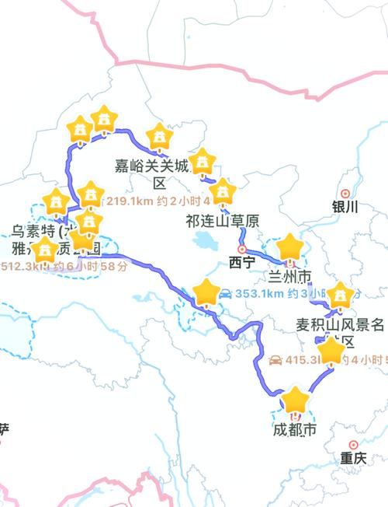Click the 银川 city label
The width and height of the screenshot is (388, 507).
point(344,207)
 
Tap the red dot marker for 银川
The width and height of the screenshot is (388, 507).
point(345,193)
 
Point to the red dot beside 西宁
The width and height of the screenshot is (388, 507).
point(241,249)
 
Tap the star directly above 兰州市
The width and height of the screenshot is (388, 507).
point(290,248)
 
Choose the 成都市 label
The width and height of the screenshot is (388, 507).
point(294,430)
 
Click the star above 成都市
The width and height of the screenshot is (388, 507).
point(296,401)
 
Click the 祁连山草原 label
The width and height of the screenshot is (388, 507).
point(220,221)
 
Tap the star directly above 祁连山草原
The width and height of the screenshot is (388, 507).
point(223,190)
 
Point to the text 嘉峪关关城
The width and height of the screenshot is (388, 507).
point(152,166)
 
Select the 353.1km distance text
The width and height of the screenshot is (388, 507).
point(258,294)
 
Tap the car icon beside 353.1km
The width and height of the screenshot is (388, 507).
point(224,293)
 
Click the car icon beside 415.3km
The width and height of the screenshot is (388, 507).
point(275,360)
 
